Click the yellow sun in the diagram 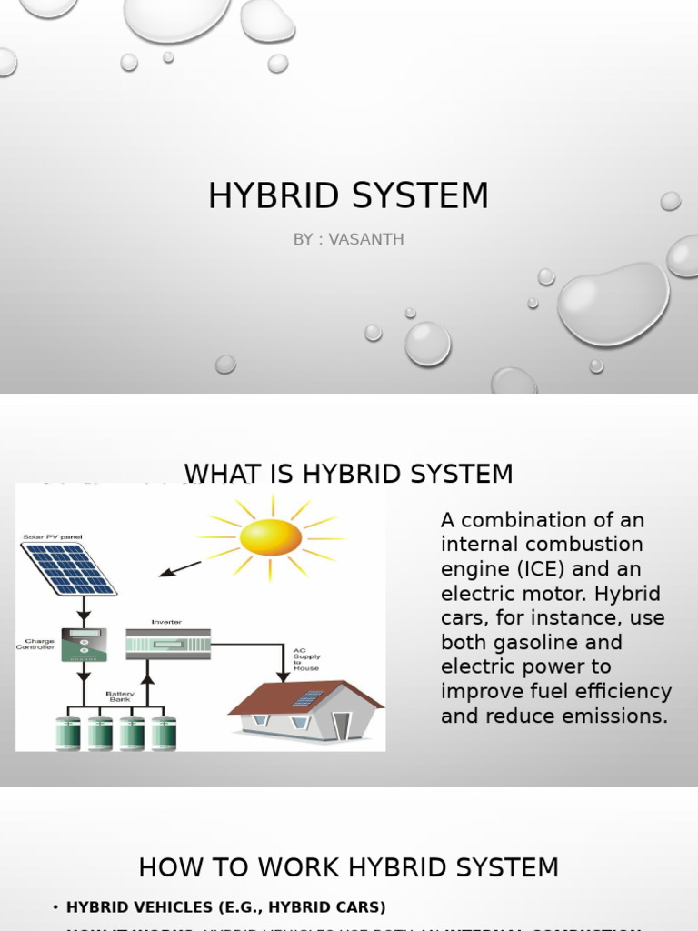click(x=271, y=536)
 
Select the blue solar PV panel click(x=69, y=568)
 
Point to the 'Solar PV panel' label click(x=52, y=537)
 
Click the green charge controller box click(x=83, y=644)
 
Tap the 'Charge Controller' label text click(x=36, y=644)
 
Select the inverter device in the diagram click(x=167, y=644)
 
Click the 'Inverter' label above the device click(x=165, y=622)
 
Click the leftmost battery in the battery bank click(x=68, y=733)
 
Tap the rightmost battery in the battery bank click(x=164, y=733)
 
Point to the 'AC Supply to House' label click(x=306, y=659)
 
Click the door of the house click(x=342, y=726)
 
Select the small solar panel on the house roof click(x=307, y=698)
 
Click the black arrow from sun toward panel click(x=180, y=568)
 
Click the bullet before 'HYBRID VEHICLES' click(x=55, y=907)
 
